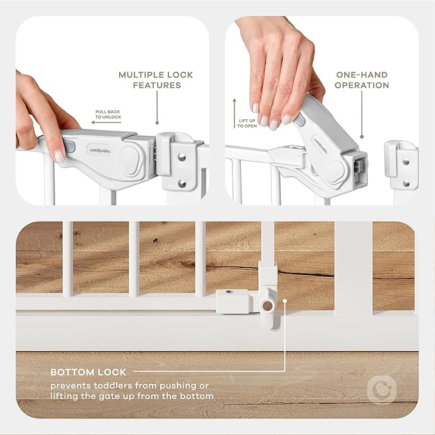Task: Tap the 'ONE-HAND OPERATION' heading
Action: coord(362,80)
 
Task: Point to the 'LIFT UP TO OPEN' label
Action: coord(248,122)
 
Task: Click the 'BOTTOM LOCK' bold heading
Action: coord(88,372)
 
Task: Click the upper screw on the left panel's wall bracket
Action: coord(181,154)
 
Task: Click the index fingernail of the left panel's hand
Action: coord(59,156)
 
